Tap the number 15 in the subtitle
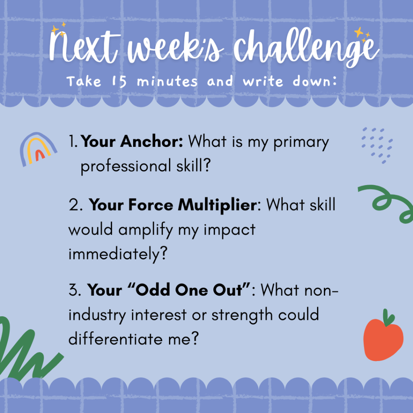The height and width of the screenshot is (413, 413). [x=119, y=81]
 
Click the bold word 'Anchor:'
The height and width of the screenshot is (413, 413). [x=152, y=142]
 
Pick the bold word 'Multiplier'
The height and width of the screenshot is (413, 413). [x=217, y=205]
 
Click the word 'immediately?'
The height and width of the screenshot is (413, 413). [x=118, y=254]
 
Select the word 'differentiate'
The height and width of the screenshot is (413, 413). [x=115, y=338]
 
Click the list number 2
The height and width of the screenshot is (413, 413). [x=75, y=205]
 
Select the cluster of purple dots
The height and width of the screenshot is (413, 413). [x=377, y=145]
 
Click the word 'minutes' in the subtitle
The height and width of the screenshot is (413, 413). [x=167, y=81]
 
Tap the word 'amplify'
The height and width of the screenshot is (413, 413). [x=146, y=230]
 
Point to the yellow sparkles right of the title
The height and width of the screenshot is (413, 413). [x=362, y=34]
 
